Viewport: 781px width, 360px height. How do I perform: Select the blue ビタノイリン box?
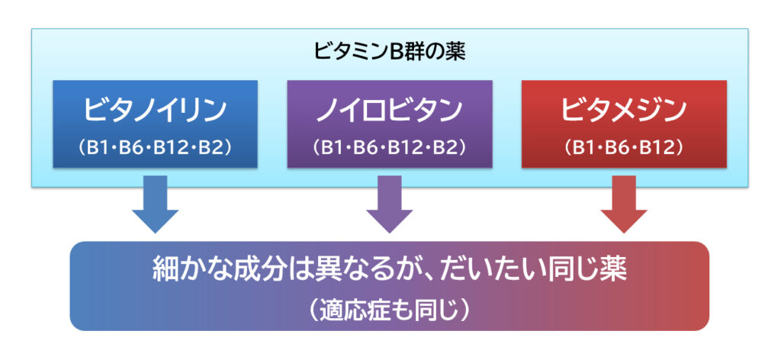point(156,124)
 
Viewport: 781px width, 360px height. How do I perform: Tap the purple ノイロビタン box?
point(390,124)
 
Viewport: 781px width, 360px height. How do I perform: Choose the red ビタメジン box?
point(624,124)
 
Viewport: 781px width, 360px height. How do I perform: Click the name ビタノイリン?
point(156,111)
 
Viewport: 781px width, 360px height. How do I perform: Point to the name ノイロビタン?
point(390,111)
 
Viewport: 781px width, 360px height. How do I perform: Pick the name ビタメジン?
point(624,111)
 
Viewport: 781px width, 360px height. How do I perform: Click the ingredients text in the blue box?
point(156,148)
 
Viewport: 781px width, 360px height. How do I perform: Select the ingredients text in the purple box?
point(390,148)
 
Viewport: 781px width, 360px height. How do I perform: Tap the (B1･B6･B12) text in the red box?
point(624,148)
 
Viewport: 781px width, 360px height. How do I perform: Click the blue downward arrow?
point(156,204)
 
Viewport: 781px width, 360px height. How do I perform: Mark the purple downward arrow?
point(390,204)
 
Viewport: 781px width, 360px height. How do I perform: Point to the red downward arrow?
point(624,204)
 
